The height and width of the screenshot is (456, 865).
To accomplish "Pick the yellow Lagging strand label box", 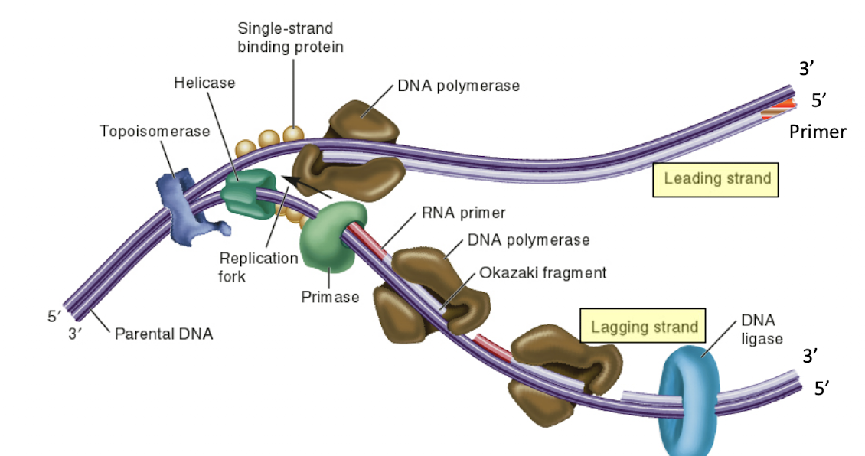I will click(x=643, y=327).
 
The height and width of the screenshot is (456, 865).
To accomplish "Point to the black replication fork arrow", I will click(x=305, y=187).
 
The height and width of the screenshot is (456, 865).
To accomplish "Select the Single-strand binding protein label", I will click(x=289, y=37).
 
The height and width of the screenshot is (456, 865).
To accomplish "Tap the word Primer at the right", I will click(x=818, y=132).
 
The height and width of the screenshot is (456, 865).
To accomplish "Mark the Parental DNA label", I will click(x=164, y=334).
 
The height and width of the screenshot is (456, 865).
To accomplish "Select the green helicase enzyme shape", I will click(x=247, y=192).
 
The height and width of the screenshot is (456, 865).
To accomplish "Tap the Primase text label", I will click(x=330, y=297).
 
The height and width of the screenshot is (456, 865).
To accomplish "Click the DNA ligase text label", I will click(x=762, y=329).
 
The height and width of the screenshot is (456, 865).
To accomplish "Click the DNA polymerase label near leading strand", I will click(x=458, y=86).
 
